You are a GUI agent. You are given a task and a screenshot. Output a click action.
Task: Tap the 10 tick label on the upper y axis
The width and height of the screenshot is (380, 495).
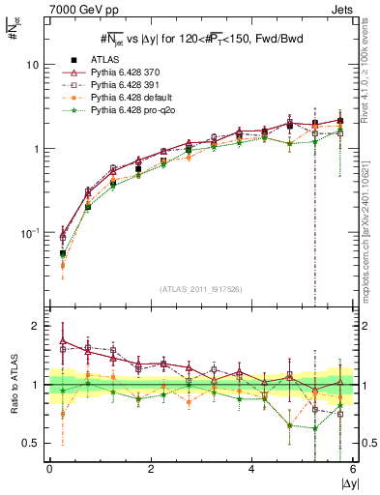click(x=32, y=65)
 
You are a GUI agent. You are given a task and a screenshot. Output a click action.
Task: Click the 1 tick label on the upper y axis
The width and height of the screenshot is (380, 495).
click(x=36, y=149)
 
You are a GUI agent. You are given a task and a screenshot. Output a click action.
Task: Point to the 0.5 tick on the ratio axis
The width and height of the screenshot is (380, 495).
click(x=30, y=443)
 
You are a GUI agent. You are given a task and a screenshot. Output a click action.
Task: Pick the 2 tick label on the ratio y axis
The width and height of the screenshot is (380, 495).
click(x=36, y=326)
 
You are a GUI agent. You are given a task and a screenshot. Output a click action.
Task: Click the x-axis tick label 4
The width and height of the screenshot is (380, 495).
click(x=251, y=468)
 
